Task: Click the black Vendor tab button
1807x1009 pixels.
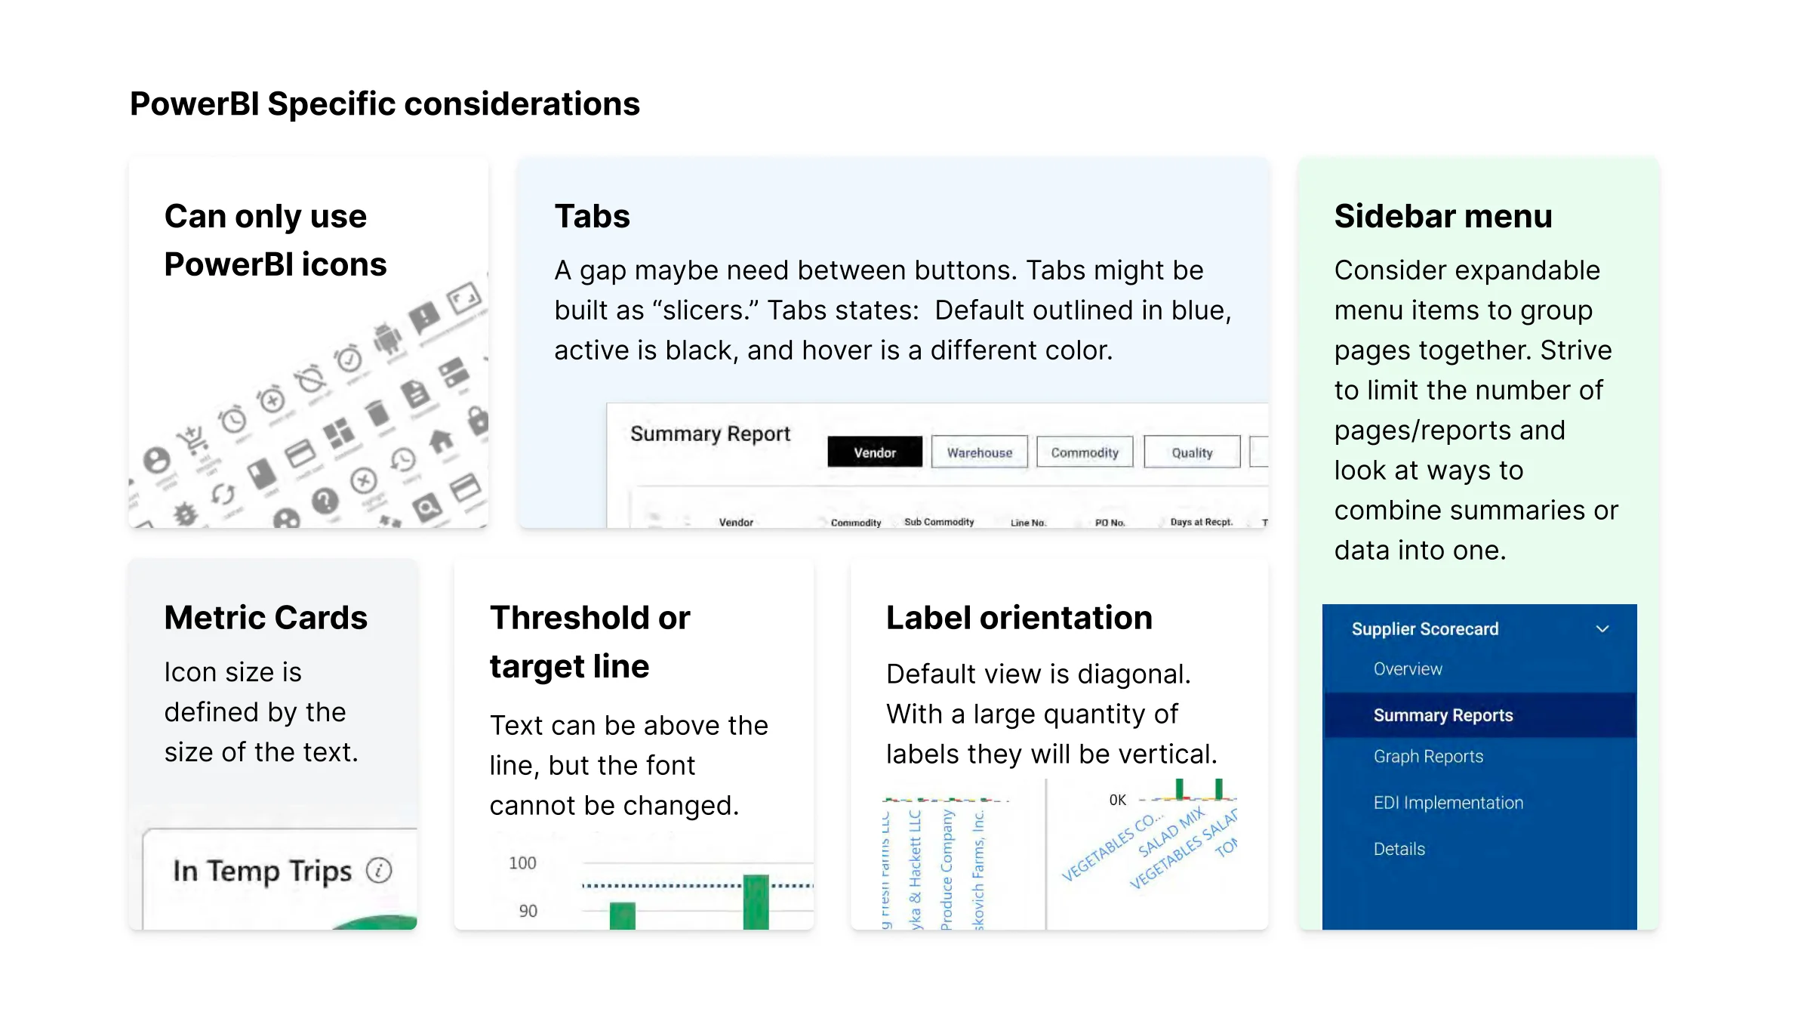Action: [874, 452]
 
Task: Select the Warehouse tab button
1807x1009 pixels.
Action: [979, 452]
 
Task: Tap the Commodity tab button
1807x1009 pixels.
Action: [1084, 452]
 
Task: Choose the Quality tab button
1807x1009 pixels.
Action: [1191, 452]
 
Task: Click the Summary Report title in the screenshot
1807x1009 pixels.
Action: [710, 434]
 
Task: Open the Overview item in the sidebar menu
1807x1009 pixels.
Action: [1407, 669]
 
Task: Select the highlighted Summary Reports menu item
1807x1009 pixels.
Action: [1442, 715]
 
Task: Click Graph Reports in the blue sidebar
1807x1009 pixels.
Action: [1427, 757]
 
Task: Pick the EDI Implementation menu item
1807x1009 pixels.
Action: [1448, 803]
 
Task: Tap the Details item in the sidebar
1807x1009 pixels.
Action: [1399, 849]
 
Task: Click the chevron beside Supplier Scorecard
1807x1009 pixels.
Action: [1602, 629]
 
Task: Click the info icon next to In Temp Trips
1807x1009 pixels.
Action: [379, 871]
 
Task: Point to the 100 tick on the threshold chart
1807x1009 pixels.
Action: [522, 863]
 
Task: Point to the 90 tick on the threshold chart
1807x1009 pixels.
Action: [528, 911]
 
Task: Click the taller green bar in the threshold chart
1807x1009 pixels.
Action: [756, 903]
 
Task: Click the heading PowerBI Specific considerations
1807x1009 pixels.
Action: [384, 104]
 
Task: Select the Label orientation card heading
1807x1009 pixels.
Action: [1019, 618]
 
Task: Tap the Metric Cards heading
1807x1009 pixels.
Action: [266, 618]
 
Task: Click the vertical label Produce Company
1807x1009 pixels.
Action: [947, 869]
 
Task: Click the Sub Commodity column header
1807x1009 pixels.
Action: [938, 522]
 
